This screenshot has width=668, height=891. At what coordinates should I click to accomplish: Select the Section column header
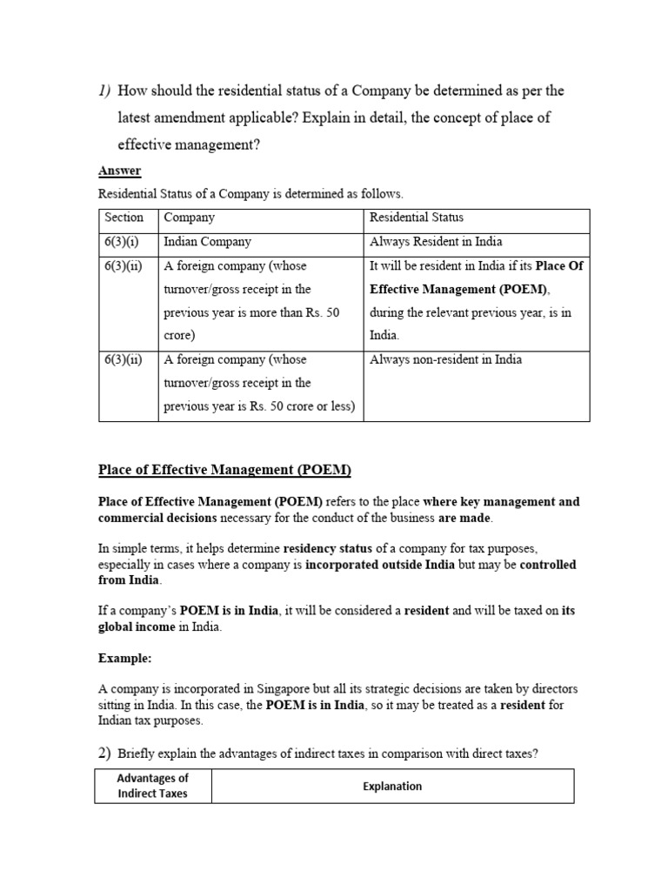pyautogui.click(x=124, y=218)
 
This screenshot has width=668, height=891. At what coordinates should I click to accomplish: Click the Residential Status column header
pyautogui.click(x=417, y=218)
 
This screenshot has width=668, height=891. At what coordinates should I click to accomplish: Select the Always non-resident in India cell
pyautogui.click(x=445, y=359)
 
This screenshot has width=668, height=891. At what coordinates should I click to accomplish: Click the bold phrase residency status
pyautogui.click(x=329, y=548)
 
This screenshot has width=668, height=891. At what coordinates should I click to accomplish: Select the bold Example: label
pyautogui.click(x=124, y=659)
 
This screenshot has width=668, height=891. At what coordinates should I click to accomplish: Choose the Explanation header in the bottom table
pyautogui.click(x=391, y=786)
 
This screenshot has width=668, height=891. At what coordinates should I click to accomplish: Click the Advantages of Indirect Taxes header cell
pyautogui.click(x=152, y=786)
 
